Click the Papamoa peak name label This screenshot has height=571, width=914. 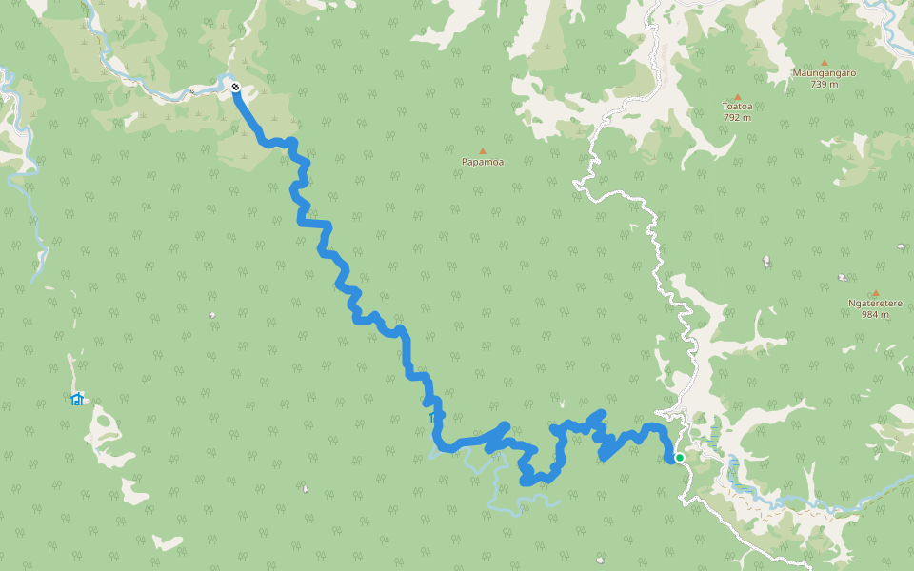pos(483,162)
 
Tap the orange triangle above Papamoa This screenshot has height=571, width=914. pos(483,150)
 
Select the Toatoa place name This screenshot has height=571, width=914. pos(737,107)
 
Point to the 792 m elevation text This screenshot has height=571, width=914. pos(737,118)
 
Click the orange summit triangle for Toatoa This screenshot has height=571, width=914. pos(737,96)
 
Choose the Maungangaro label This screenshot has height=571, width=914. pos(825,72)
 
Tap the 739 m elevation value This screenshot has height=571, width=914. pos(825,84)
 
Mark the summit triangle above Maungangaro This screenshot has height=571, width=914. pos(825,62)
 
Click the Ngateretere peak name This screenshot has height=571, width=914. pos(875,304)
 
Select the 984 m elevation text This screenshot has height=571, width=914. pos(875,315)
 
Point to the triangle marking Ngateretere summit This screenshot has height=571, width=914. pos(875,293)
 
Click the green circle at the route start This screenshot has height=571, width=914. pos(679,458)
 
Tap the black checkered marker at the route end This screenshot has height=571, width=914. pos(235,88)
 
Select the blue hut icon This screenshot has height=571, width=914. pos(77,399)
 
